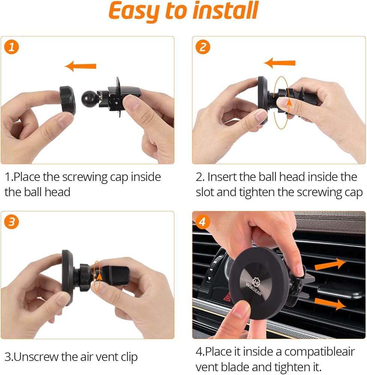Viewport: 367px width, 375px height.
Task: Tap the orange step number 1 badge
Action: tap(12, 47)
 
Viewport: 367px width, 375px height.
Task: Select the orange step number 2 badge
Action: tap(203, 47)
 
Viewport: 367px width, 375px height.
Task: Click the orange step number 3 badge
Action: tap(12, 222)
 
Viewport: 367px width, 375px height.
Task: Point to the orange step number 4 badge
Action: tap(202, 222)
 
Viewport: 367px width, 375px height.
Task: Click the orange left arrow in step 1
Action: tap(80, 66)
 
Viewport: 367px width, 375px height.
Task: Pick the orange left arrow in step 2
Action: tap(280, 63)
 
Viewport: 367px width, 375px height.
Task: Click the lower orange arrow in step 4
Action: tap(330, 303)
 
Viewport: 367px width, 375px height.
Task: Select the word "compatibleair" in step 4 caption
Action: tap(319, 352)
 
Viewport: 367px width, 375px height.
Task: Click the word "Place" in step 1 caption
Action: tap(27, 177)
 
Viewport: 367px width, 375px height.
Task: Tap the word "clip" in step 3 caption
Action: tap(129, 357)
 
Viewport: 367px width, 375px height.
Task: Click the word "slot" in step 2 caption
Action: tap(205, 192)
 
